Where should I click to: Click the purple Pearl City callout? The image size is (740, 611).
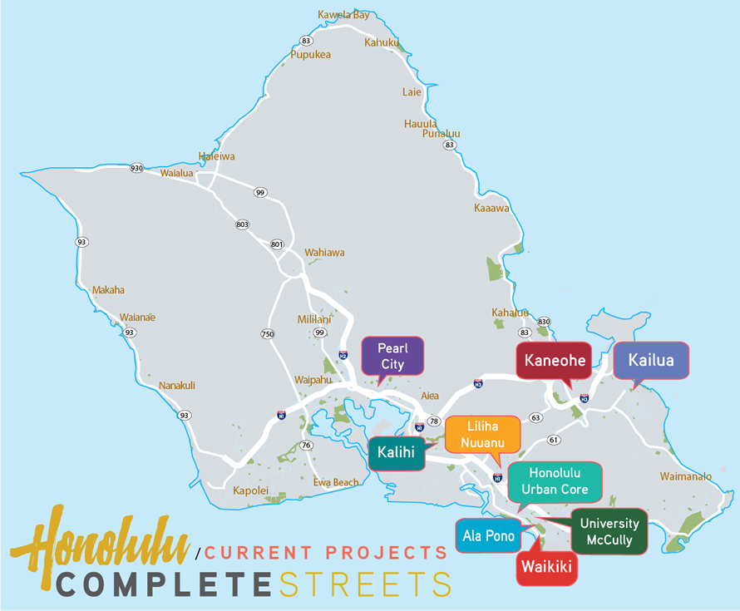tap(392, 355)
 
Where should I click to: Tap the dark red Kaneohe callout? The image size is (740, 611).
tap(555, 361)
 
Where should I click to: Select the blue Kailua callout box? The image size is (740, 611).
tap(651, 361)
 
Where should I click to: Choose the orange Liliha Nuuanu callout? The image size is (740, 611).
tap(482, 433)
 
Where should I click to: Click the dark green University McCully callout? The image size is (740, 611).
tap(609, 531)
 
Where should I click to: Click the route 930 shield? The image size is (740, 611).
tap(137, 168)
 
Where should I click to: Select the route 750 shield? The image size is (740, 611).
tap(268, 334)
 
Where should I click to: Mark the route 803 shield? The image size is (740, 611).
tap(242, 224)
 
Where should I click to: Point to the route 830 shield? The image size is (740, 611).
tap(545, 322)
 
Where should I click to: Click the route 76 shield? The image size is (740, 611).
tap(306, 446)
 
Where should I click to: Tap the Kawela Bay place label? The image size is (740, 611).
tap(343, 15)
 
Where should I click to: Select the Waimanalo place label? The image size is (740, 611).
tap(685, 476)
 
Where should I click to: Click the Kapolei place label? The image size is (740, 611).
tap(250, 490)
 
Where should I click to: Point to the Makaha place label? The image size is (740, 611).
tap(108, 290)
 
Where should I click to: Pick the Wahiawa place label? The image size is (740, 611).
tap(324, 253)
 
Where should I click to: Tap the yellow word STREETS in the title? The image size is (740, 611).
tap(365, 584)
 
